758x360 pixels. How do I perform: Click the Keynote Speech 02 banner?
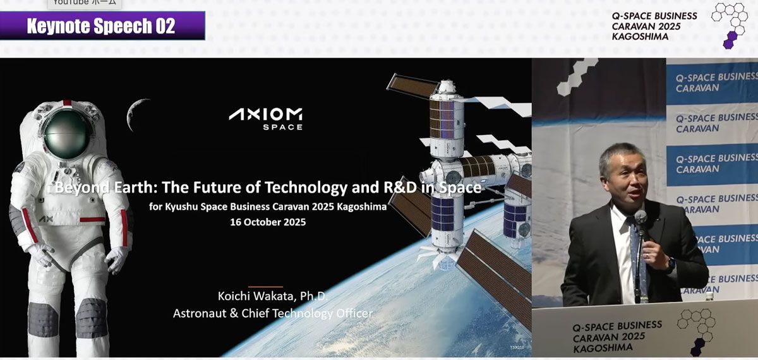pos(101,26)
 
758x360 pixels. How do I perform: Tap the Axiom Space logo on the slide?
pos(265,118)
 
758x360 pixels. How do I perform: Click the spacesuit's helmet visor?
pos(66,135)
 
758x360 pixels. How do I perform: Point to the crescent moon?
pos(135,114)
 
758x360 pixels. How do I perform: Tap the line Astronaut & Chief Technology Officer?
pos(273,313)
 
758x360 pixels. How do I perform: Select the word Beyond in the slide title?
pos(76,188)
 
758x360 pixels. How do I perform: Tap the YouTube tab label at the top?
pos(83,3)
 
